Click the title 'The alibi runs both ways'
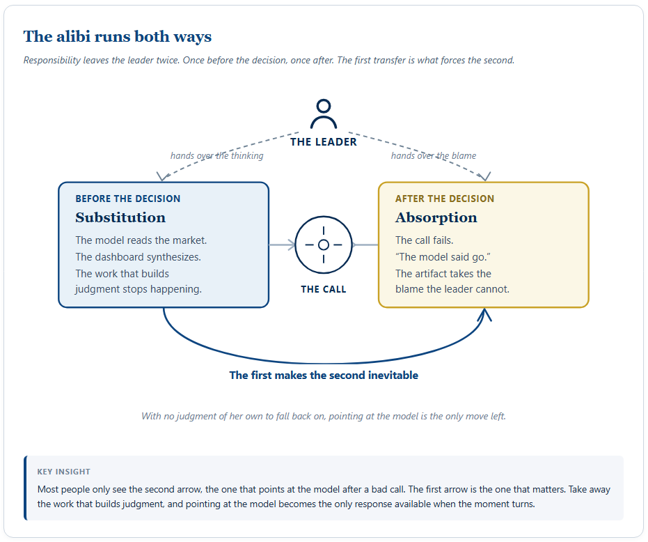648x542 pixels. coord(118,36)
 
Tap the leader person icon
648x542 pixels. coord(324,114)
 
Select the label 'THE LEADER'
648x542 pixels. coord(324,142)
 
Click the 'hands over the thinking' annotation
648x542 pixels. coord(217,155)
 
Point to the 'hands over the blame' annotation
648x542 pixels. coord(434,155)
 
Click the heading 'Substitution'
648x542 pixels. coord(120,217)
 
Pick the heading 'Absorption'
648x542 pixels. coord(436,217)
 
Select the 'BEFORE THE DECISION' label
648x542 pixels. coord(127,199)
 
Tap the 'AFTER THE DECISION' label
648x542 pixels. coord(445,199)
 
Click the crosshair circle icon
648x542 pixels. coord(324,217)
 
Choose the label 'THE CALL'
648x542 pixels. coord(324,289)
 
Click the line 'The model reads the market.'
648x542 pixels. coord(141,240)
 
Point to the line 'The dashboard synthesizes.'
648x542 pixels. coord(138,257)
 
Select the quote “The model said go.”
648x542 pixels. coord(443,257)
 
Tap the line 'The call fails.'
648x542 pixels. coord(425,240)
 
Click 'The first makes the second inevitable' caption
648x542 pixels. coord(324,375)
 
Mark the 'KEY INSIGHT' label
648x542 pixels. coord(63,472)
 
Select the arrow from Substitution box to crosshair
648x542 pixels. coord(283,245)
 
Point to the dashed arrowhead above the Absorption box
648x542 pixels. coord(486,177)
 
